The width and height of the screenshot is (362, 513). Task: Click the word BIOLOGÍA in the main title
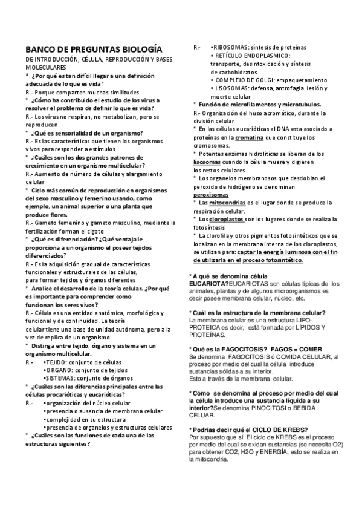click(140, 49)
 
